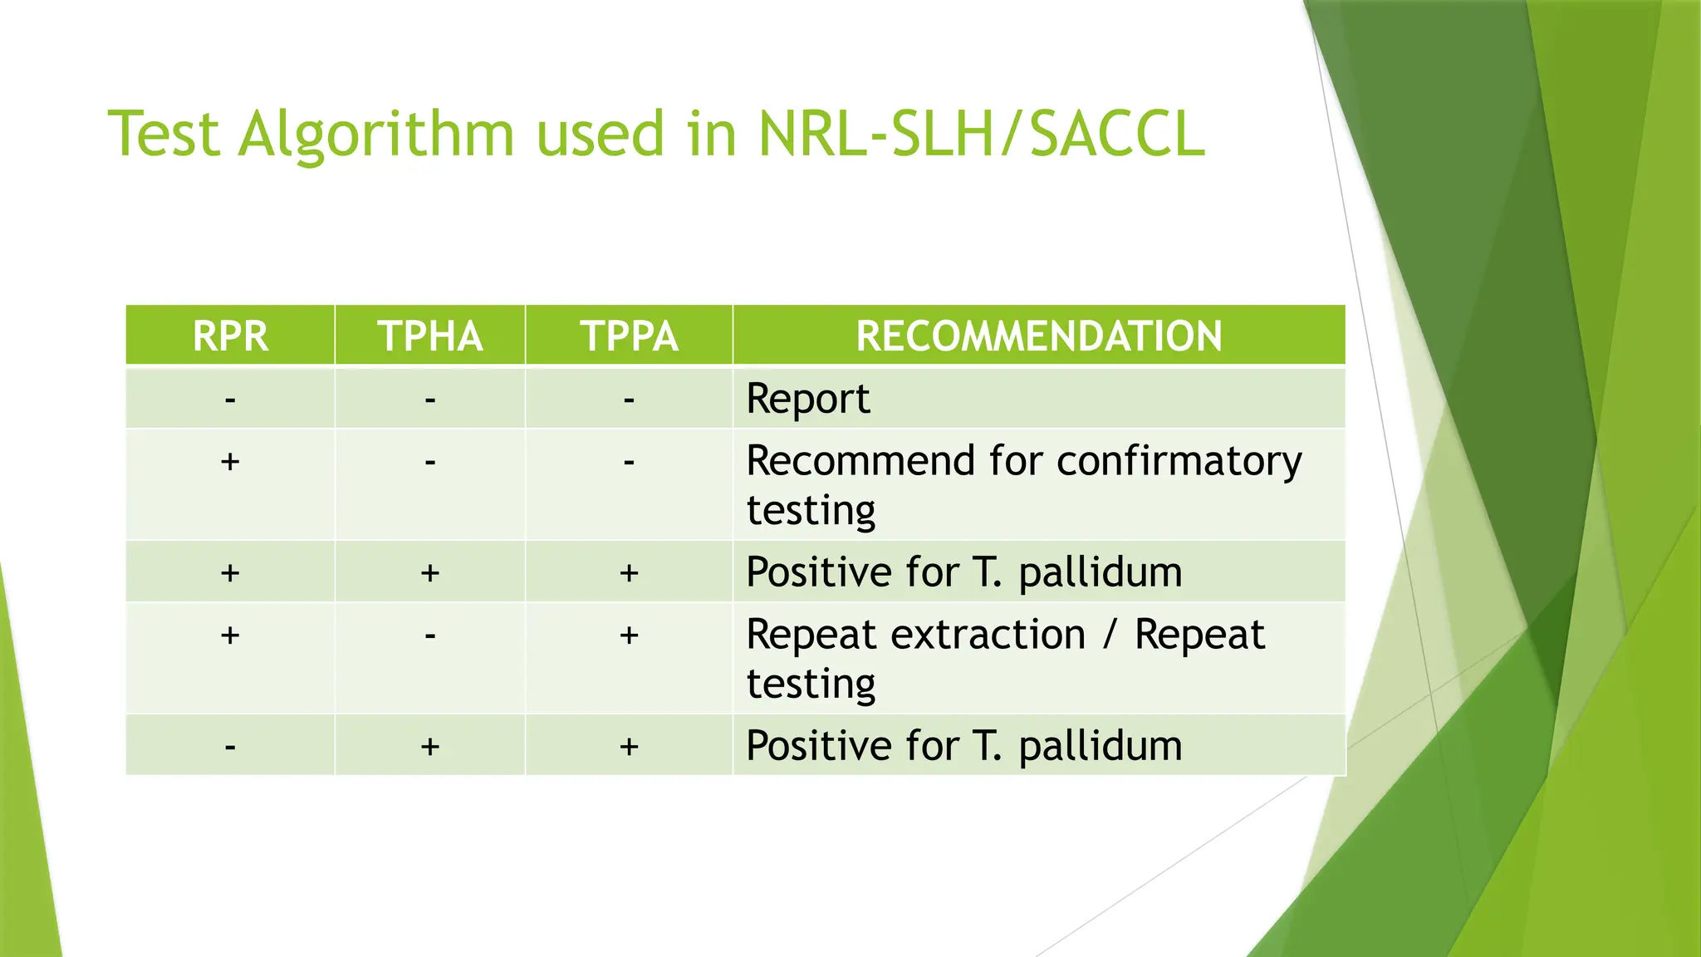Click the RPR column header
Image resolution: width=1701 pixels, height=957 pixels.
[230, 336]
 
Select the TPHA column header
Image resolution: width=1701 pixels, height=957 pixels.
[429, 336]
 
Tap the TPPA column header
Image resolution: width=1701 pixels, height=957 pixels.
[629, 336]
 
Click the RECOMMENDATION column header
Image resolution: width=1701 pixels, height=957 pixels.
[1038, 336]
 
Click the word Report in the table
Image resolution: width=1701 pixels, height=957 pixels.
[807, 400]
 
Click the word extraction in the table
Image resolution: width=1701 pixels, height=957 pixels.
[988, 636]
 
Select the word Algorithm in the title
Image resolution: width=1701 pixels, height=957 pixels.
[376, 135]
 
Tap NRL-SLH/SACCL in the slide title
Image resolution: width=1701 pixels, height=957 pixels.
[980, 135]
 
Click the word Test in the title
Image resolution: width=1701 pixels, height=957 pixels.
[163, 135]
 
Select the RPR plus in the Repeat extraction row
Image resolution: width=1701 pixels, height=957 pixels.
[230, 636]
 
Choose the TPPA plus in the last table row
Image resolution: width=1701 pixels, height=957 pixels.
[629, 747]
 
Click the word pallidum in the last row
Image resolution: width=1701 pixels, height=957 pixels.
[1100, 746]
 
